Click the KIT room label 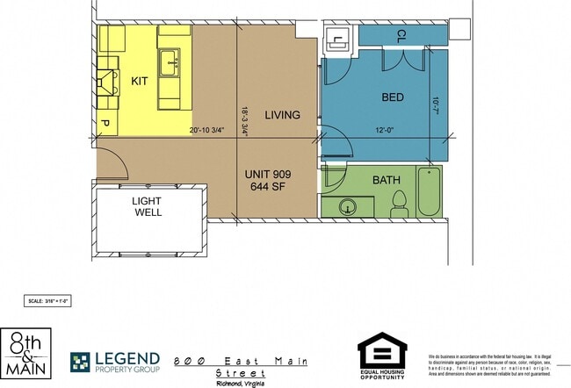tap(141, 81)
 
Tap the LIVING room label tap(282, 115)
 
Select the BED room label tap(392, 97)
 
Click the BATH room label tap(387, 180)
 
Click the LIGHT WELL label tap(147, 206)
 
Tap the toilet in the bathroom tap(399, 204)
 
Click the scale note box tap(47, 300)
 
